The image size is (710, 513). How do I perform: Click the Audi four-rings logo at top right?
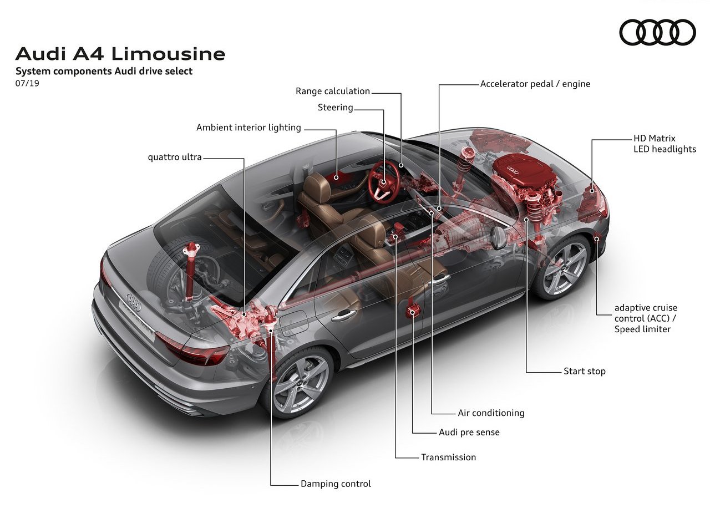(x=657, y=32)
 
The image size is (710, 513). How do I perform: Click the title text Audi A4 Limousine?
(x=120, y=54)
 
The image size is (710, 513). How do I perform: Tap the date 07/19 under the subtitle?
(x=27, y=83)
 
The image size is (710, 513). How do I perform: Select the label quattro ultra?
(x=175, y=157)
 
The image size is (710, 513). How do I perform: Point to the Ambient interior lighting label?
(x=248, y=128)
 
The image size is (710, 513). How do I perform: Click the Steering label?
(x=336, y=108)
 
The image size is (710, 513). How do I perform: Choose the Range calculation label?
(x=333, y=92)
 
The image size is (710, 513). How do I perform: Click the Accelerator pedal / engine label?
(x=535, y=84)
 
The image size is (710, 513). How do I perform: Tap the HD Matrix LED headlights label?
(x=665, y=144)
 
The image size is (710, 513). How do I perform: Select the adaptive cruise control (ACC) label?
(x=646, y=318)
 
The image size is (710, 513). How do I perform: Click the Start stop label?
(x=585, y=372)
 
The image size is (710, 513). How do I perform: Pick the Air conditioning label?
(x=491, y=413)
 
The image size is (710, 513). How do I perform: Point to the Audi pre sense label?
(x=469, y=433)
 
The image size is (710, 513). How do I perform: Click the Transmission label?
(x=449, y=458)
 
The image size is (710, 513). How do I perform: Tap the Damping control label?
(x=336, y=484)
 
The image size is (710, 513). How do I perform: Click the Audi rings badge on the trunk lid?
(x=134, y=302)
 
